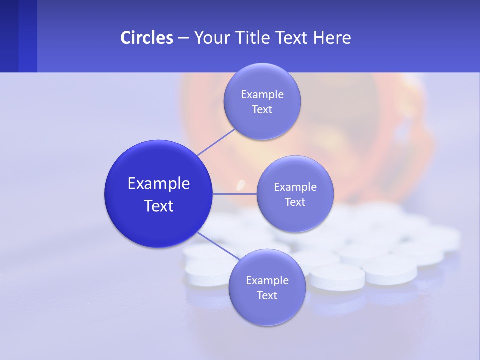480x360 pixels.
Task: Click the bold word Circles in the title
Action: pos(146,37)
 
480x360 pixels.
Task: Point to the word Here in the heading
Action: pos(332,37)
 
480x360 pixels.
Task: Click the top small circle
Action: pos(262,125)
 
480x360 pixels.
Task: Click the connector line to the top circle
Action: pos(216,141)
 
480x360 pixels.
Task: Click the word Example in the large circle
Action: pos(158,183)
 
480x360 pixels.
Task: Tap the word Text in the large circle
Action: pos(158,206)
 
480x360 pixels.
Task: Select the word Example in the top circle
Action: pos(262,94)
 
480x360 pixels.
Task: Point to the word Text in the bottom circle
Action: pos(267,295)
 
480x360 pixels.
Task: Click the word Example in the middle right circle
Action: pos(295,187)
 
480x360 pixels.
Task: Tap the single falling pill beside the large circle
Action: pos(240,185)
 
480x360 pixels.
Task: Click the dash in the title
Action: pos(183,38)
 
